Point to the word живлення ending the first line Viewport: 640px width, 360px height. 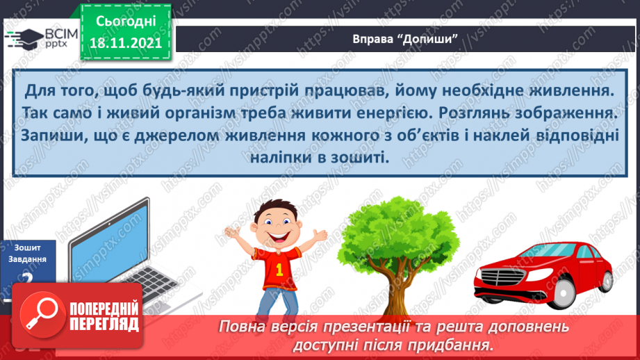click(566, 90)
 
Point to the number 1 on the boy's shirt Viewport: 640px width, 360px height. click(279, 268)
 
